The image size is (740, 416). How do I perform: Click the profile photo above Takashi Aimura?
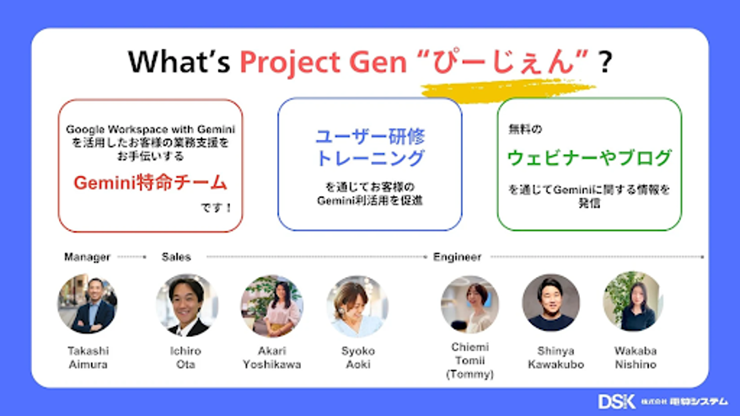click(x=88, y=305)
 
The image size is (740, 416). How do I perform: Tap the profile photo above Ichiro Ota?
click(x=187, y=305)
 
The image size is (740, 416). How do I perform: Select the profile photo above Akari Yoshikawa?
click(x=272, y=306)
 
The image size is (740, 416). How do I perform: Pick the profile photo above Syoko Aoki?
click(x=357, y=307)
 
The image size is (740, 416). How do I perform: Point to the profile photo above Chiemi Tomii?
click(x=470, y=305)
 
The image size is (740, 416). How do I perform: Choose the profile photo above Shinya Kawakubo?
click(x=551, y=303)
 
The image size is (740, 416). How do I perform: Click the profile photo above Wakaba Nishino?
click(x=633, y=301)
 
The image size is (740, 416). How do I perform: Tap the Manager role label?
click(x=88, y=257)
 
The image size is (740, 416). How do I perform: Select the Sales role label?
click(x=176, y=257)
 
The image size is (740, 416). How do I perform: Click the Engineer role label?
click(x=458, y=257)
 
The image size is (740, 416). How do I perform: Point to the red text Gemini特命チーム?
click(x=150, y=183)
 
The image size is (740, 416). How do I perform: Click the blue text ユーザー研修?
click(x=370, y=136)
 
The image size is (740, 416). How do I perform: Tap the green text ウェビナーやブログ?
click(x=589, y=157)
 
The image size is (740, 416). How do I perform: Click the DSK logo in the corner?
click(x=616, y=402)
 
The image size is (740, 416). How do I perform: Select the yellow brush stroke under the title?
click(x=507, y=89)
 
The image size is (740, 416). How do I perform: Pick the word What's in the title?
click(x=179, y=61)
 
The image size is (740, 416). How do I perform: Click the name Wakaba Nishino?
click(x=635, y=358)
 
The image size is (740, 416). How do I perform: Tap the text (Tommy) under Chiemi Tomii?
click(x=469, y=374)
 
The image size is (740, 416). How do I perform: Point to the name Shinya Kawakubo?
click(x=556, y=358)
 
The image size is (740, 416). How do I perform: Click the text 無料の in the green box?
click(x=525, y=129)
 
